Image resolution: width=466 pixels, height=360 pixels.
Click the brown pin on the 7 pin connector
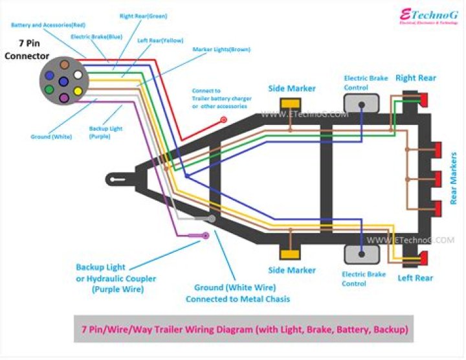64,65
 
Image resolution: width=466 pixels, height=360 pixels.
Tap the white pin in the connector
78,74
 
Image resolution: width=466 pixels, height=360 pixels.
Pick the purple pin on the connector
63,98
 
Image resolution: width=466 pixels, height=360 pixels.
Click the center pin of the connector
63,82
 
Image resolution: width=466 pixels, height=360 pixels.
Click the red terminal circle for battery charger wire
224,120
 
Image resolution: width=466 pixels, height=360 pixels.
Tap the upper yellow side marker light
289,104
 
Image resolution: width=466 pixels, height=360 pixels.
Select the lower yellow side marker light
289,254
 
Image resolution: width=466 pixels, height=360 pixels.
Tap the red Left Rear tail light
424,259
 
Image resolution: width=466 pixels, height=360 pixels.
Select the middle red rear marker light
438,179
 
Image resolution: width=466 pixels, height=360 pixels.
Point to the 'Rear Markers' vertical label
454,179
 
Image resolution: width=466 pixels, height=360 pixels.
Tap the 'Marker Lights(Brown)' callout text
222,49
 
